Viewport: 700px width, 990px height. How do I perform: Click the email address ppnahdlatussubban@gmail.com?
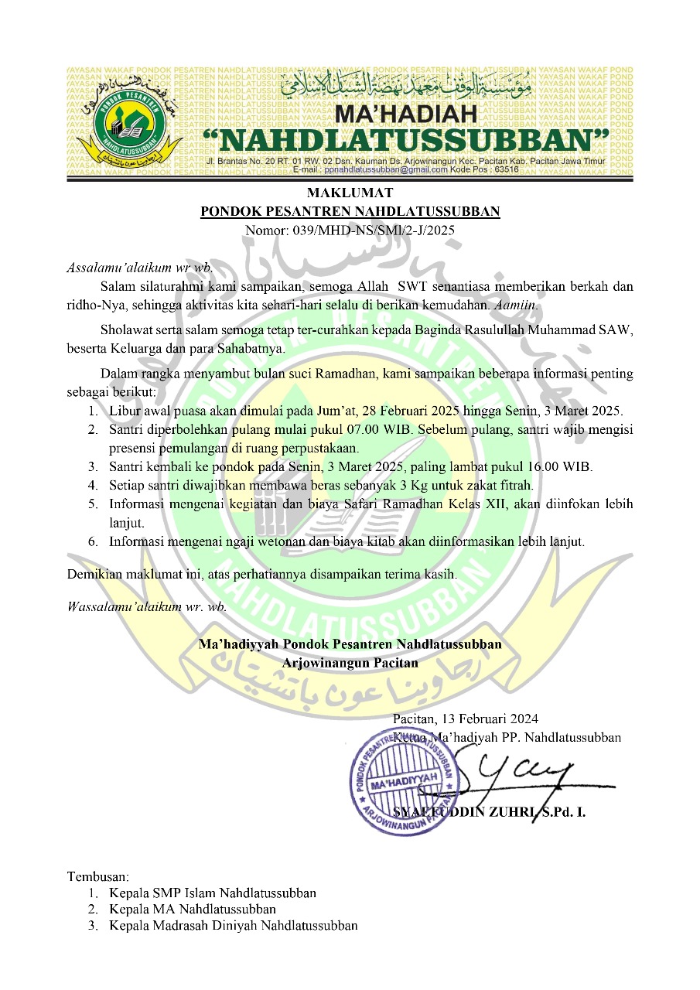[x=386, y=169]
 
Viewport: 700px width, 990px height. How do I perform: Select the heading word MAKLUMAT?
[x=350, y=193]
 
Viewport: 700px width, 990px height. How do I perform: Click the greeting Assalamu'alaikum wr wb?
[x=140, y=268]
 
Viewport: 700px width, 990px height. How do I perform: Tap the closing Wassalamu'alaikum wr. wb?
[x=148, y=606]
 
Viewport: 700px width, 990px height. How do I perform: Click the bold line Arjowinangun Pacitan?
[x=350, y=662]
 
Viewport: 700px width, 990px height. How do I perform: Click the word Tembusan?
[x=98, y=877]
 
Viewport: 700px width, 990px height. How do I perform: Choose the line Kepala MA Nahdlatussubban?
[x=193, y=909]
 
